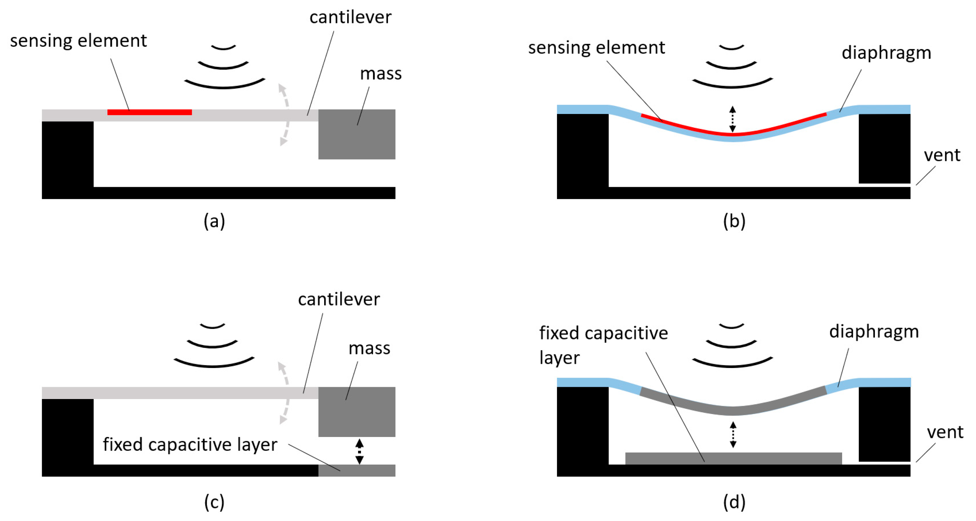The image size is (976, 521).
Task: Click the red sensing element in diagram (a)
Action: point(149,112)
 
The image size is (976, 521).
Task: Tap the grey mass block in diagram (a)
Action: point(357,135)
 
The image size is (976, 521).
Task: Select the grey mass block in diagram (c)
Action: point(357,412)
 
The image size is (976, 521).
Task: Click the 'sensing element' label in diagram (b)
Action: point(596,48)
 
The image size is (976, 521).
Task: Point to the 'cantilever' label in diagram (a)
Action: point(350,17)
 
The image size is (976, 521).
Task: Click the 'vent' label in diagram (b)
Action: point(942,155)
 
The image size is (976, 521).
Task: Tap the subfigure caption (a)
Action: point(214,221)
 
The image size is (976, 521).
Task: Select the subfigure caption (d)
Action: point(734,502)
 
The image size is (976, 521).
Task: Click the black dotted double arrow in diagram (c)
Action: point(359,451)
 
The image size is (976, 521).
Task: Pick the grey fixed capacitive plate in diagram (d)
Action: point(733,458)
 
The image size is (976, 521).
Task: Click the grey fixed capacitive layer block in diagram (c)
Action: point(357,470)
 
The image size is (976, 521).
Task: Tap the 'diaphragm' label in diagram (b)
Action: point(886,53)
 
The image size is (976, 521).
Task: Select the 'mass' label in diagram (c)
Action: point(369,348)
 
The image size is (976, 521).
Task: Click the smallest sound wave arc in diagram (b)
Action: point(731,48)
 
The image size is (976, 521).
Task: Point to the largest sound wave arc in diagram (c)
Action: point(214,363)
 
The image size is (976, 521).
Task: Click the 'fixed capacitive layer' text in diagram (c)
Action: point(190,444)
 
